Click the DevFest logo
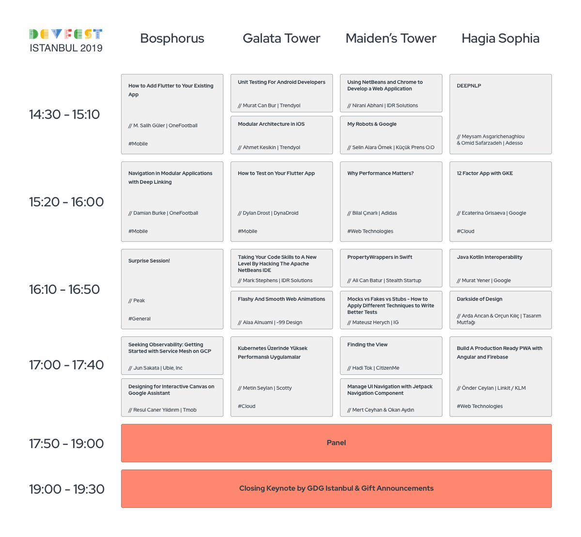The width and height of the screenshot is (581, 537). pyautogui.click(x=66, y=34)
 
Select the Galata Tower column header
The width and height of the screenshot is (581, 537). pyautogui.click(x=281, y=38)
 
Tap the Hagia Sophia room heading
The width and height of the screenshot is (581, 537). pyautogui.click(x=500, y=38)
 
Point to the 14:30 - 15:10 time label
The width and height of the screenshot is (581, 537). pyautogui.click(x=64, y=114)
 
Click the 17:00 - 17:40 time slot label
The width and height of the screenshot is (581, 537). pyautogui.click(x=66, y=365)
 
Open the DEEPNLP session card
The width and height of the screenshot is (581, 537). pyautogui.click(x=500, y=114)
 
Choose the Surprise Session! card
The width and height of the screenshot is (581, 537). pyautogui.click(x=172, y=289)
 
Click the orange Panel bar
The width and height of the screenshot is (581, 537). pyautogui.click(x=336, y=443)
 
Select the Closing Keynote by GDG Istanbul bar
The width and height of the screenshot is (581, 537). pyautogui.click(x=336, y=489)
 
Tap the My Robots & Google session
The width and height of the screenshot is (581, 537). pyautogui.click(x=391, y=135)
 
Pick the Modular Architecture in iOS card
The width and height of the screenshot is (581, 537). pyautogui.click(x=281, y=135)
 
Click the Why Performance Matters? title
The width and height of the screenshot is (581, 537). pyautogui.click(x=380, y=173)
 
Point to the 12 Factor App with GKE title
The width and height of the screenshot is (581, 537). pyautogui.click(x=485, y=173)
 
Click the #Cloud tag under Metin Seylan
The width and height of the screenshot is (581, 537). pyautogui.click(x=246, y=406)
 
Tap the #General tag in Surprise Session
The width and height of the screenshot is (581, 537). pyautogui.click(x=139, y=319)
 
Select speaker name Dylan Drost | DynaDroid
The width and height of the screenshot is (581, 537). pyautogui.click(x=268, y=213)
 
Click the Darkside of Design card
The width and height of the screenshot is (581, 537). pyautogui.click(x=500, y=310)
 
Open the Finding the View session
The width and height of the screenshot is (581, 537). pyautogui.click(x=391, y=356)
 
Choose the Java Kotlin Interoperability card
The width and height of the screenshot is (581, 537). pyautogui.click(x=500, y=268)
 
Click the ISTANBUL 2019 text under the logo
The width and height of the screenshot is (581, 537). pyautogui.click(x=66, y=48)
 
